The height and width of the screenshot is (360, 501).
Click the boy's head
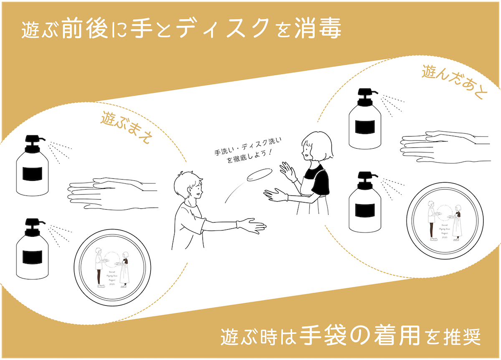(188, 186)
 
